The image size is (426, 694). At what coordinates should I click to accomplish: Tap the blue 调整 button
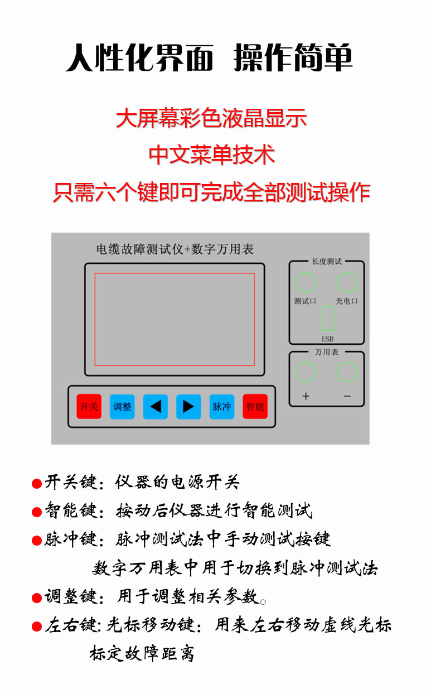tap(122, 407)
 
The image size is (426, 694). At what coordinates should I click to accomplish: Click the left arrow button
tap(156, 407)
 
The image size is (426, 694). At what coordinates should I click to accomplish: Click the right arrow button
tap(188, 407)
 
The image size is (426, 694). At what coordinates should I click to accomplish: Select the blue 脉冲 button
tap(222, 407)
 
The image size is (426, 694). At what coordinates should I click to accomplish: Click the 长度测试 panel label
tap(327, 262)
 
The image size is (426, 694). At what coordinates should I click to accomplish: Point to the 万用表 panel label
tap(327, 352)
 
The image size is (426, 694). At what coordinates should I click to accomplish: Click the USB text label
tap(327, 339)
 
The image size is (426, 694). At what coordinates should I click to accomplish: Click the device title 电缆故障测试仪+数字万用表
tap(175, 249)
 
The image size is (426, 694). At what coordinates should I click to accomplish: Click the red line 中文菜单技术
tap(212, 155)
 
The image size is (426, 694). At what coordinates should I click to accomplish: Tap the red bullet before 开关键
tap(37, 484)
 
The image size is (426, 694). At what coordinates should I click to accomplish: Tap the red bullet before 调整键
tap(37, 598)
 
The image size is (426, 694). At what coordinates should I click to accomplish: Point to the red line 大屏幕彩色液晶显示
tap(211, 118)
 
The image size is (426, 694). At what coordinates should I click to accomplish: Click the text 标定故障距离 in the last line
tap(142, 653)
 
